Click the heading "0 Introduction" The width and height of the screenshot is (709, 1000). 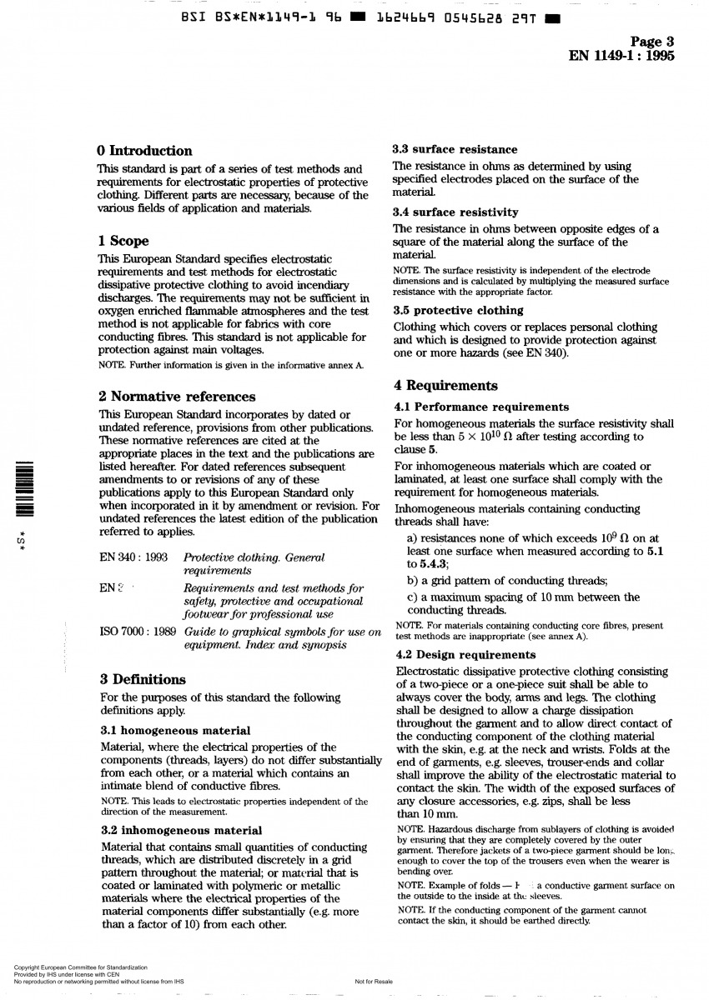pyautogui.click(x=145, y=151)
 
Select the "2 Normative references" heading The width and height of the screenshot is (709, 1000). pyautogui.click(x=177, y=397)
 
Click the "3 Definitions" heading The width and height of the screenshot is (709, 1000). pyautogui.click(x=142, y=679)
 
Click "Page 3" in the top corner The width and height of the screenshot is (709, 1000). pyautogui.click(x=652, y=42)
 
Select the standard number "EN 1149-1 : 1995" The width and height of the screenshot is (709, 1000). pyautogui.click(x=621, y=57)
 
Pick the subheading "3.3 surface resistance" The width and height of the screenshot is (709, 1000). pyautogui.click(x=455, y=150)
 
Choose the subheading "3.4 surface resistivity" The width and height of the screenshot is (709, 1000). pyautogui.click(x=455, y=212)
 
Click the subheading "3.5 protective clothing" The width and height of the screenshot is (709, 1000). pyautogui.click(x=458, y=311)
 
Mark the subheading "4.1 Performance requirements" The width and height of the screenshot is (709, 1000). pyautogui.click(x=481, y=407)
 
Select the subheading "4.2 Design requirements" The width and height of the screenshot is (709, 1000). pyautogui.click(x=465, y=655)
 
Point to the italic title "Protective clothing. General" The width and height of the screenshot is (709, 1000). pyautogui.click(x=254, y=557)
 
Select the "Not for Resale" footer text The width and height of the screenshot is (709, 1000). pyautogui.click(x=374, y=982)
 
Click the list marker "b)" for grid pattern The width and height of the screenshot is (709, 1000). pyautogui.click(x=413, y=581)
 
